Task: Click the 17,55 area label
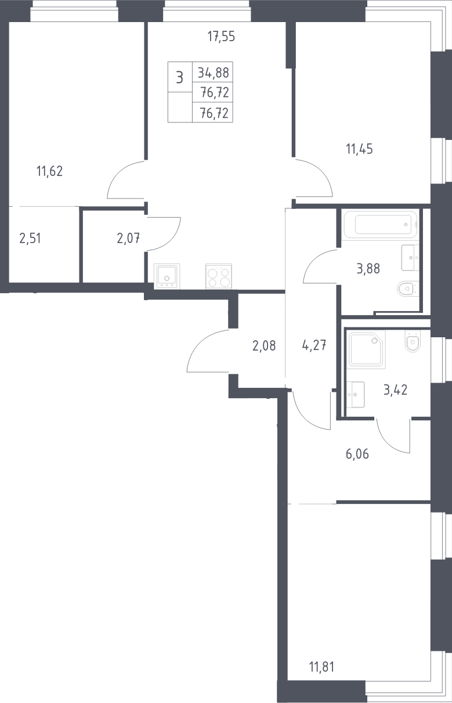click(x=221, y=37)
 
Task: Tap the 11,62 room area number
click(x=49, y=171)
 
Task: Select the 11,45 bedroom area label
click(x=360, y=149)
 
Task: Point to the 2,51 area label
click(x=30, y=239)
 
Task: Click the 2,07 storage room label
click(x=128, y=239)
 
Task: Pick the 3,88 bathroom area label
click(x=368, y=269)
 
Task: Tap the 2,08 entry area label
click(x=264, y=346)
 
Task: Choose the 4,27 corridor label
click(x=314, y=345)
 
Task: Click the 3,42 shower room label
click(x=396, y=390)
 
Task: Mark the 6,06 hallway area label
click(x=357, y=454)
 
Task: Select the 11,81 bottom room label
click(x=322, y=667)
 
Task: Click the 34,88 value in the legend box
click(x=214, y=73)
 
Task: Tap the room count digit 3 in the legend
click(x=179, y=77)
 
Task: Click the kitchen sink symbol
click(x=167, y=276)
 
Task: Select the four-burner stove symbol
click(x=219, y=276)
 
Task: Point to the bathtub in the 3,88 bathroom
click(x=381, y=225)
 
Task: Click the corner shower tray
click(x=367, y=349)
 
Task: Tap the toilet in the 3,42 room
click(x=413, y=341)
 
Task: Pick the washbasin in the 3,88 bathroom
click(x=410, y=258)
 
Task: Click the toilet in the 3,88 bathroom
click(x=408, y=289)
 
